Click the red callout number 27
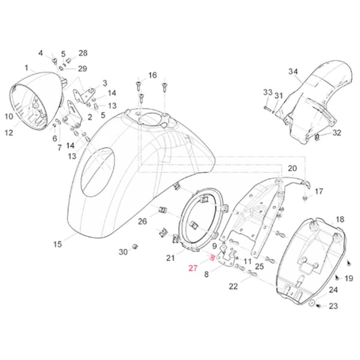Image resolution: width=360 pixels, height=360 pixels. (x=193, y=268)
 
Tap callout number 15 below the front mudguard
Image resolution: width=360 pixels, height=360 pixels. (x=58, y=244)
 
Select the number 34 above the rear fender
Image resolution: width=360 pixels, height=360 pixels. (x=293, y=72)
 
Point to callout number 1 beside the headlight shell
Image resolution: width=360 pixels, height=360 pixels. (x=26, y=68)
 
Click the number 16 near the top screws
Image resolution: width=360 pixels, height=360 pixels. (x=152, y=75)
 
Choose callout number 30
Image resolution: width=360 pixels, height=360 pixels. (x=123, y=252)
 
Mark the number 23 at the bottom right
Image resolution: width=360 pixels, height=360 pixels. (x=334, y=306)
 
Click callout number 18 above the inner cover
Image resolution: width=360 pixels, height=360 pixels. (x=340, y=220)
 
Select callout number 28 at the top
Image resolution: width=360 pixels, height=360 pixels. (x=83, y=53)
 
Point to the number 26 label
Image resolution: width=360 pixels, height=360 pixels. (x=142, y=222)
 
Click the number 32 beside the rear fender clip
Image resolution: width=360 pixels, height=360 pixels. (x=337, y=133)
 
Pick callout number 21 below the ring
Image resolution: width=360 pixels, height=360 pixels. (x=170, y=257)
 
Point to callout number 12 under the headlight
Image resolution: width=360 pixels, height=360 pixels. (x=9, y=133)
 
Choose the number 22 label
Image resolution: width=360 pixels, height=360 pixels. (x=233, y=287)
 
